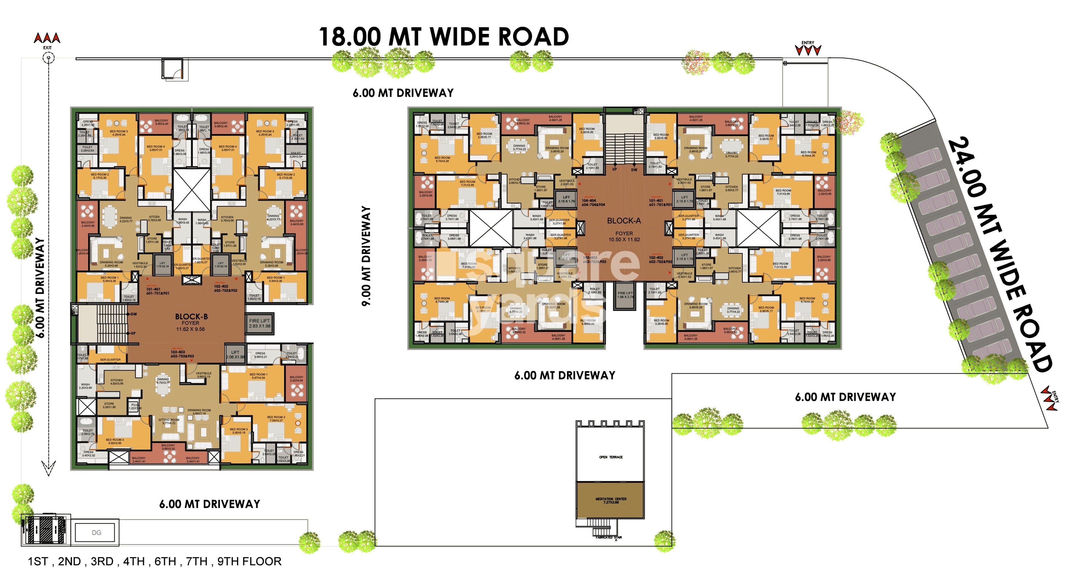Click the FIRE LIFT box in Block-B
(259, 323)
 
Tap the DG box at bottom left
(96, 532)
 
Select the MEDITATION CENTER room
(611, 500)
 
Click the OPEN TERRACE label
(611, 457)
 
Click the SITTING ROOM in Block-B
(169, 421)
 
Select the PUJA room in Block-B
(135, 406)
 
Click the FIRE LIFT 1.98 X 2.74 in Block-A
(625, 295)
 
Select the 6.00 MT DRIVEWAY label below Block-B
(210, 504)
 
